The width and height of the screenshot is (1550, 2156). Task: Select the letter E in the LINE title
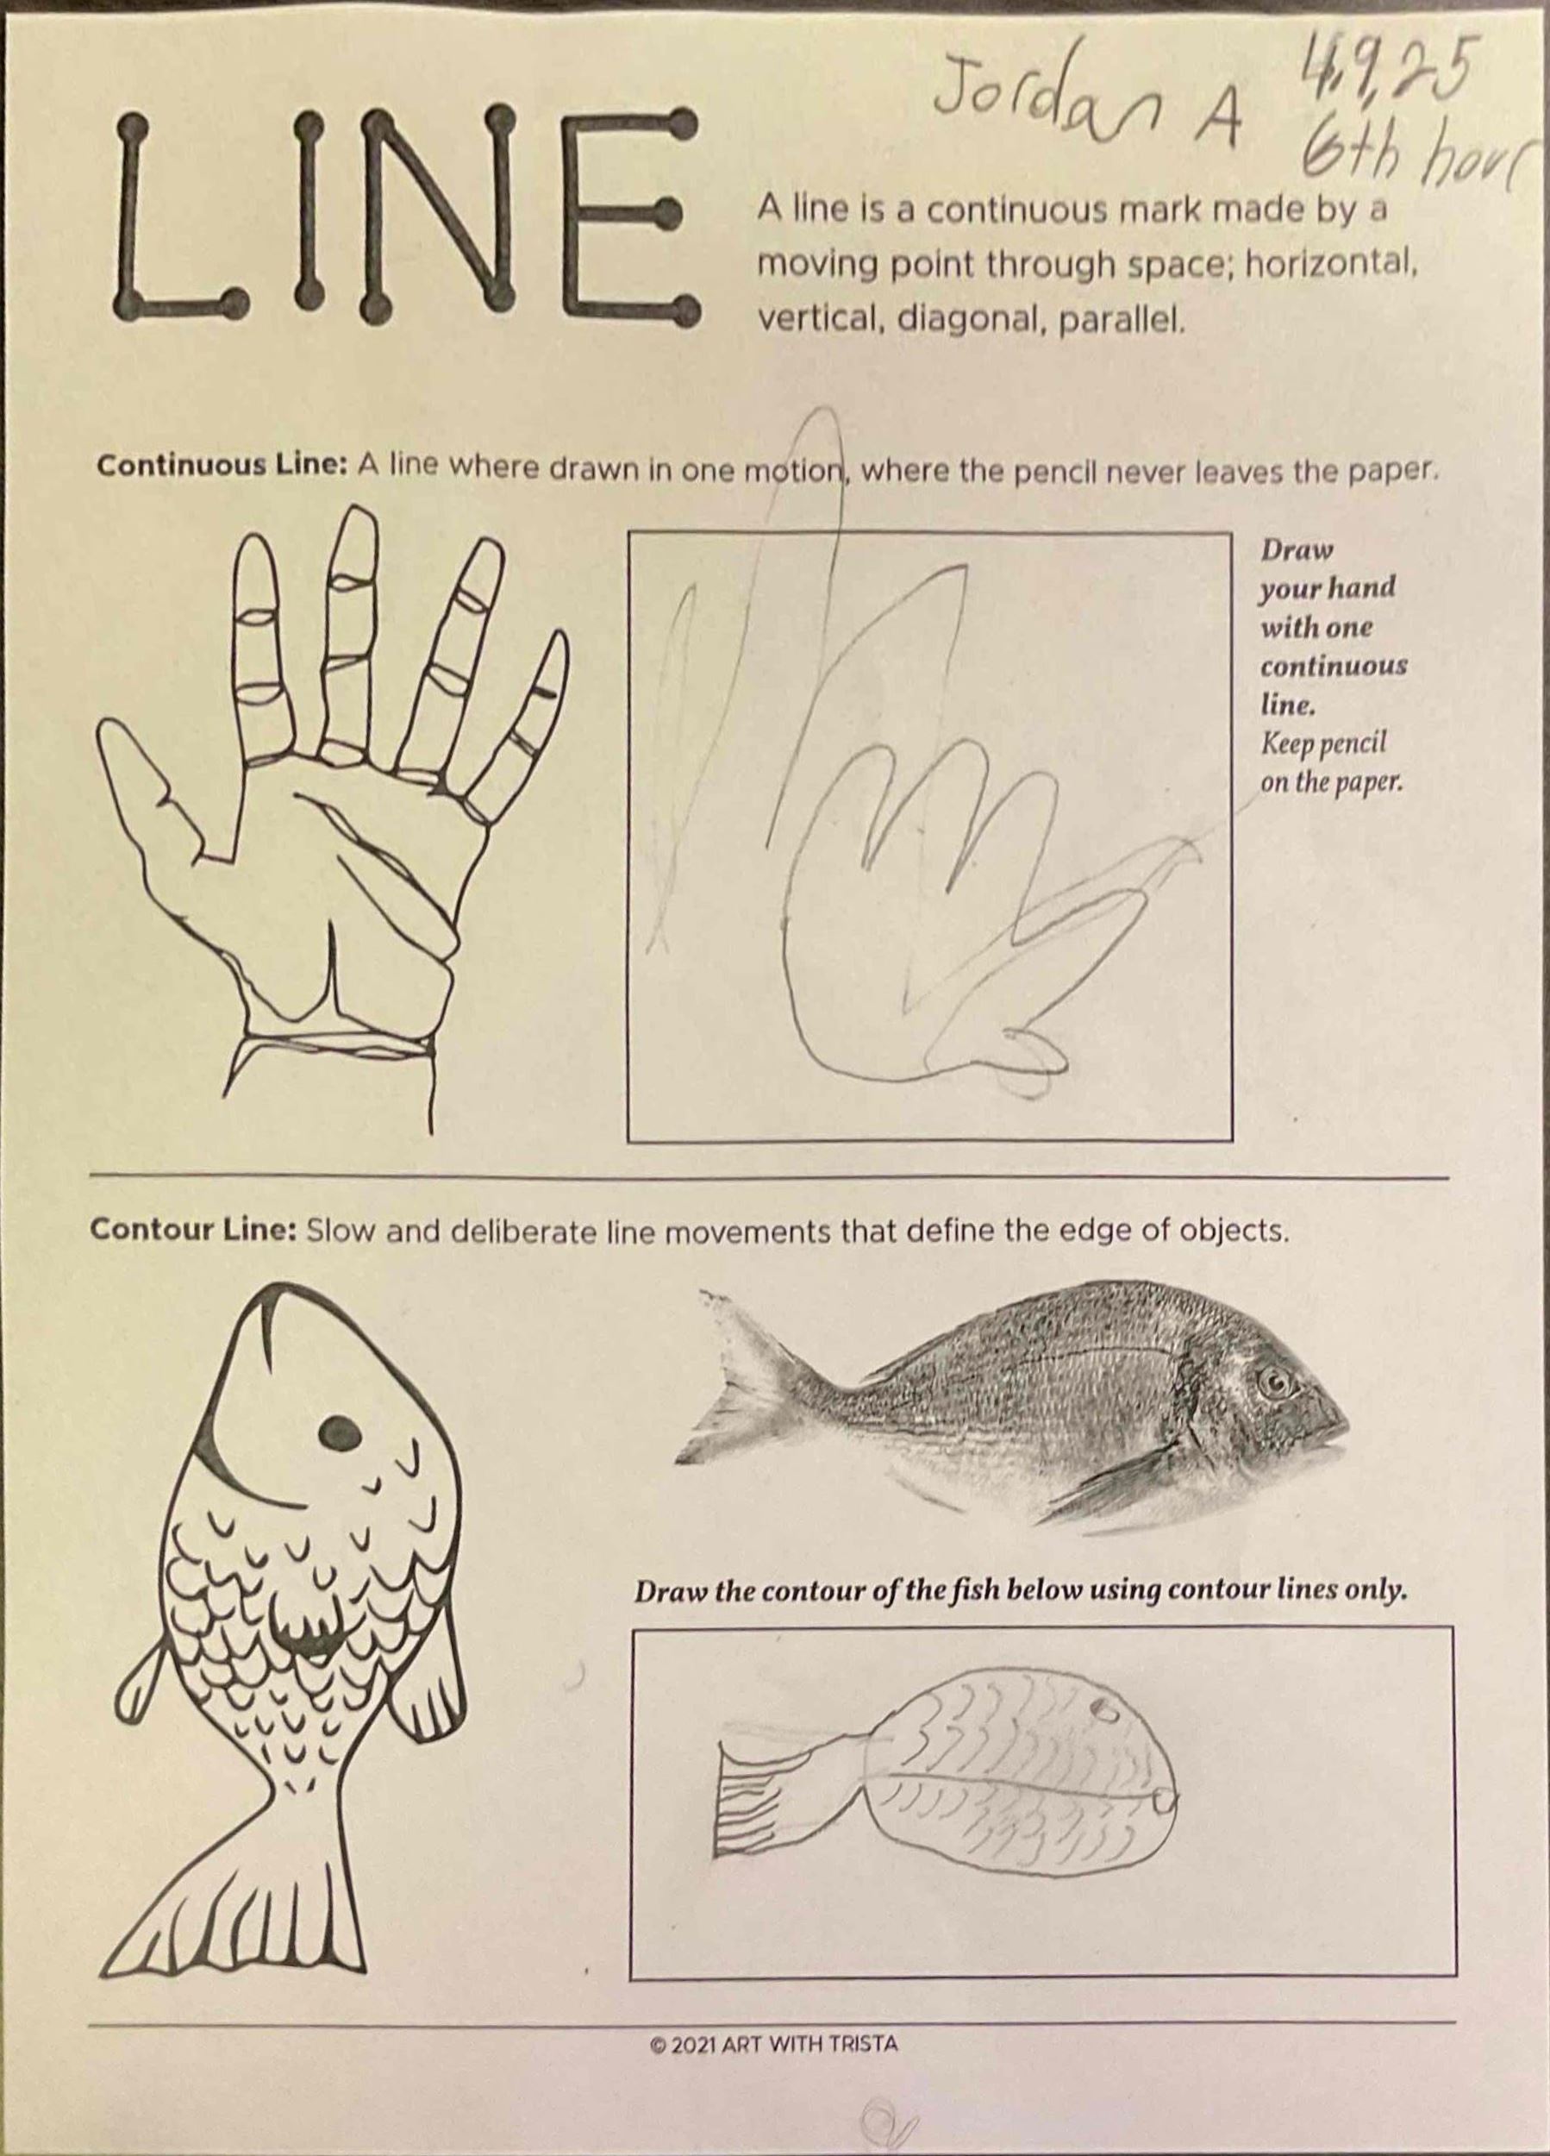[632, 213]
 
